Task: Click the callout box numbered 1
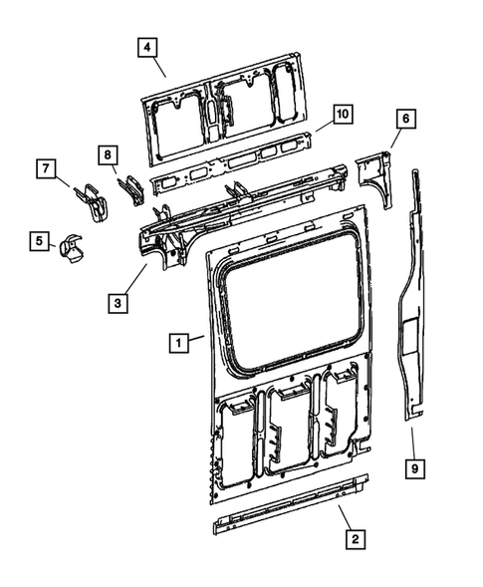point(178,342)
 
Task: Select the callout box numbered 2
point(352,539)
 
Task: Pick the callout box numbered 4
point(146,47)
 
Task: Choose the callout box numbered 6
point(405,120)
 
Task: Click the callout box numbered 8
point(108,154)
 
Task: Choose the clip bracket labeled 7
point(92,197)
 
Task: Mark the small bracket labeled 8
point(129,186)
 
